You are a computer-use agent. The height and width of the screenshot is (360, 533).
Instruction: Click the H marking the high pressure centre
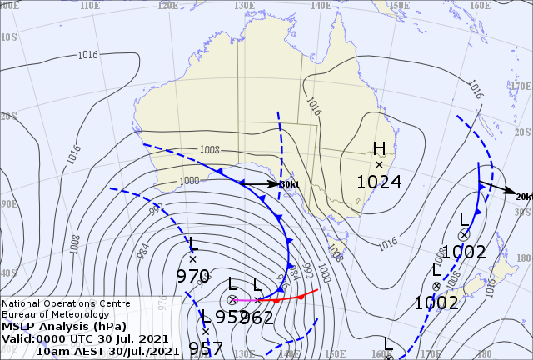(x=379, y=148)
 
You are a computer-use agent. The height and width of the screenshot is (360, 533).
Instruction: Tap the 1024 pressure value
(x=379, y=182)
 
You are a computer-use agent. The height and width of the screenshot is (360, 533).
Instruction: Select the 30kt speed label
(x=289, y=184)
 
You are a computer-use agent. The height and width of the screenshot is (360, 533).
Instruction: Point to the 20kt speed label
(x=524, y=196)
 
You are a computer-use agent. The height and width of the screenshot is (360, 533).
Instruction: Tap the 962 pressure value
(x=257, y=317)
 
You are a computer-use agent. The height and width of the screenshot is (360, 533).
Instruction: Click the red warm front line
(x=287, y=297)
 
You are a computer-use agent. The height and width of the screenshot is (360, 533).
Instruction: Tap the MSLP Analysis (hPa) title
(x=59, y=327)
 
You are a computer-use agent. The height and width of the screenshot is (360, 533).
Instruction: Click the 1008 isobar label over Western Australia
(x=209, y=150)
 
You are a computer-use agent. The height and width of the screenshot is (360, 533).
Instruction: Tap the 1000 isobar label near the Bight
(x=189, y=180)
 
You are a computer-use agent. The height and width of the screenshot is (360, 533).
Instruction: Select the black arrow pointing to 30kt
(x=262, y=183)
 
